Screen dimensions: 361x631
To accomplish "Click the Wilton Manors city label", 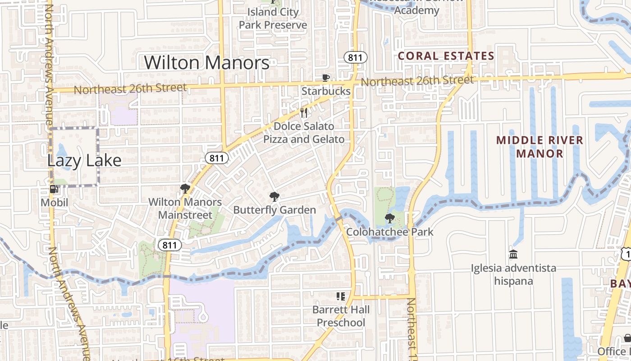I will pyautogui.click(x=207, y=62).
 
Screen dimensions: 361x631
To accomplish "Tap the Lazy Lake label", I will pyautogui.click(x=84, y=160).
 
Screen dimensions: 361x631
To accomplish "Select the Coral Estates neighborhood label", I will pyautogui.click(x=446, y=56).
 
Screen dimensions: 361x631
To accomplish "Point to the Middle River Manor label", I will pyautogui.click(x=540, y=147).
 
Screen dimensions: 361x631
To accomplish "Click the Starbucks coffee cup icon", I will pyautogui.click(x=325, y=78).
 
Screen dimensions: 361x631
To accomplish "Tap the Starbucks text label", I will pyautogui.click(x=326, y=91).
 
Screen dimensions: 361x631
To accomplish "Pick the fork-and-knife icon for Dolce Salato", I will pyautogui.click(x=304, y=113).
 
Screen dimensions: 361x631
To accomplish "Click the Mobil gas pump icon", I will pyautogui.click(x=54, y=190).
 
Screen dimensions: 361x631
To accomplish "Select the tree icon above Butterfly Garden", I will pyautogui.click(x=274, y=197).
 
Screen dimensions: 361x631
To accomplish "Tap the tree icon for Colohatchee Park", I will pyautogui.click(x=390, y=219).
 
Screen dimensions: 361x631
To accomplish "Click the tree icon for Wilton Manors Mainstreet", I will pyautogui.click(x=185, y=189).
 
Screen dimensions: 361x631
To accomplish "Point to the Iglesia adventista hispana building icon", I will pyautogui.click(x=513, y=255).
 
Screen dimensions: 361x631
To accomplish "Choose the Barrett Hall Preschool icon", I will pyautogui.click(x=341, y=296).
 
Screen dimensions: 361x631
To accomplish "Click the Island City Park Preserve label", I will pyautogui.click(x=273, y=19).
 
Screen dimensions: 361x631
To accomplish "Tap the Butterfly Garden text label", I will pyautogui.click(x=274, y=210).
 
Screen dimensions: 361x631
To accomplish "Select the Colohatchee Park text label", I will pyautogui.click(x=390, y=232).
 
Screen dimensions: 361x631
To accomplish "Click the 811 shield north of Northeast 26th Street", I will pyautogui.click(x=355, y=57).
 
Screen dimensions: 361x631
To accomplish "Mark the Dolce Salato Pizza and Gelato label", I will pyautogui.click(x=304, y=133).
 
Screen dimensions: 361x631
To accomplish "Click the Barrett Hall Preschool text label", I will pyautogui.click(x=341, y=316).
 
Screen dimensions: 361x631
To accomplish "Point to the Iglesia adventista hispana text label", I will pyautogui.click(x=513, y=274).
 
